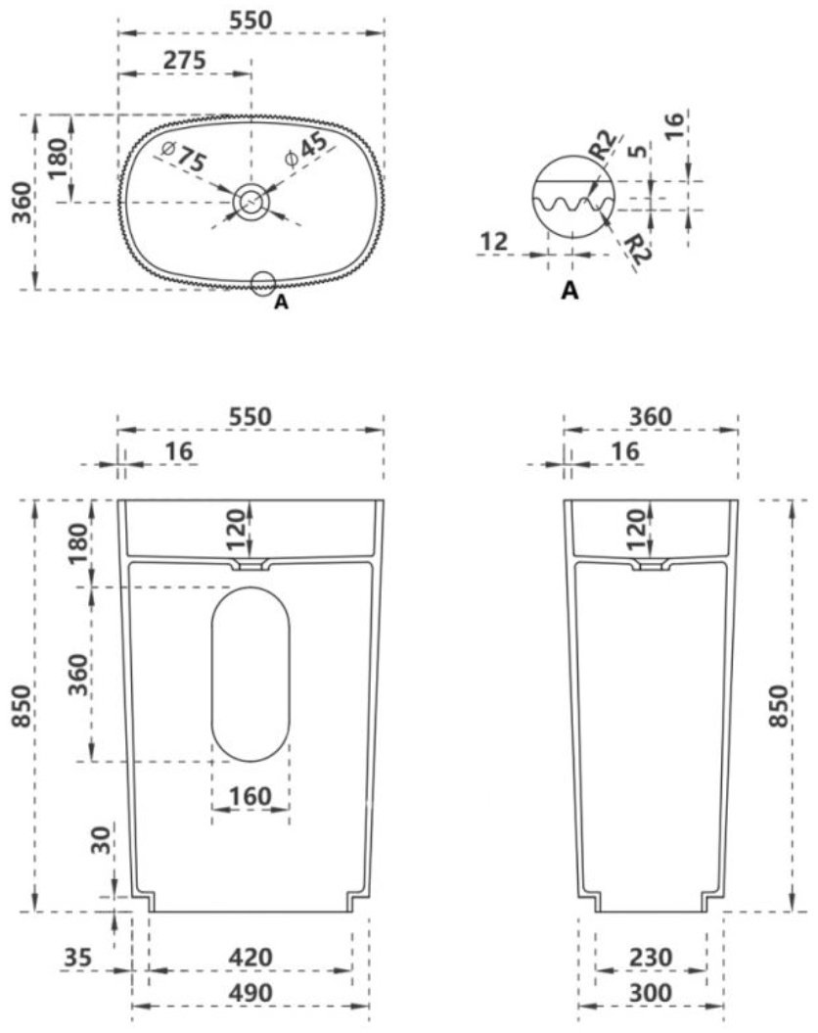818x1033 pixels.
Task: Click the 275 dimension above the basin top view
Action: (184, 60)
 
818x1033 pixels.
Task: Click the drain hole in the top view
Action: (251, 202)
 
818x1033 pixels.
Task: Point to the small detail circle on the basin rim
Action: (262, 282)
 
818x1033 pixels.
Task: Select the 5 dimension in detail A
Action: (637, 152)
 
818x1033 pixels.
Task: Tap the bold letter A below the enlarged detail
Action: (569, 290)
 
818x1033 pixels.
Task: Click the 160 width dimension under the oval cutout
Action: (250, 797)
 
